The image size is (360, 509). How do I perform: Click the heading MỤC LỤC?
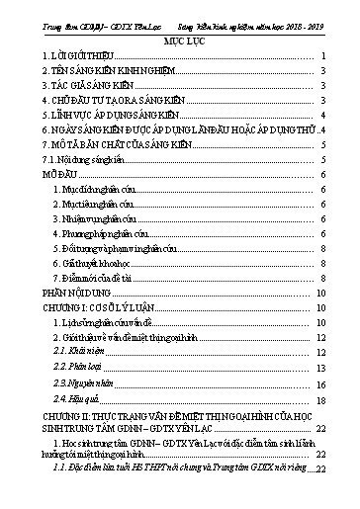click(x=180, y=41)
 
